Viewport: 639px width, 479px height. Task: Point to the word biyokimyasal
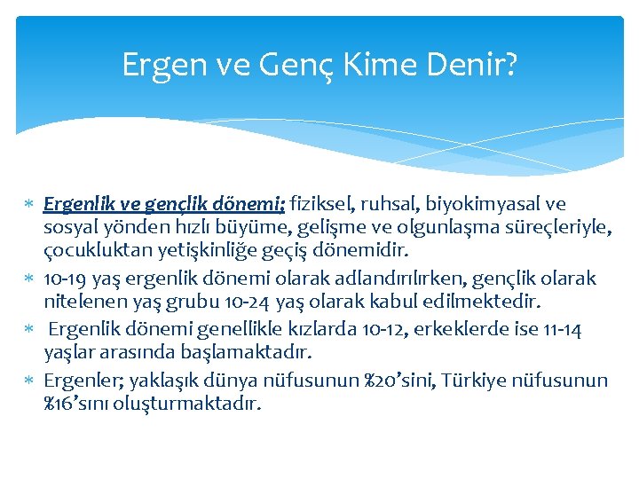498,204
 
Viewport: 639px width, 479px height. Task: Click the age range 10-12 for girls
386,329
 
